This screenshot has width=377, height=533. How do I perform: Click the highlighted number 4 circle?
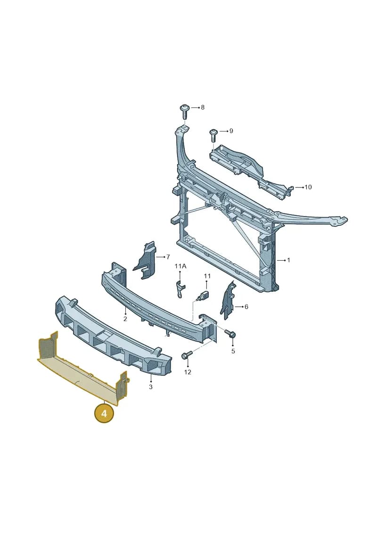(104, 413)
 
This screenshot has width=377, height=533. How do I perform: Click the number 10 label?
(308, 187)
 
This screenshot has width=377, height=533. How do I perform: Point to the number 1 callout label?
(288, 261)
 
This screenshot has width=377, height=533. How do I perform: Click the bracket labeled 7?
(145, 260)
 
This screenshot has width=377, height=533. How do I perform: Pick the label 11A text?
(180, 266)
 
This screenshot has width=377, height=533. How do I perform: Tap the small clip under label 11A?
(180, 288)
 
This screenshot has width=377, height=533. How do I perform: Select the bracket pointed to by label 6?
(228, 300)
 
